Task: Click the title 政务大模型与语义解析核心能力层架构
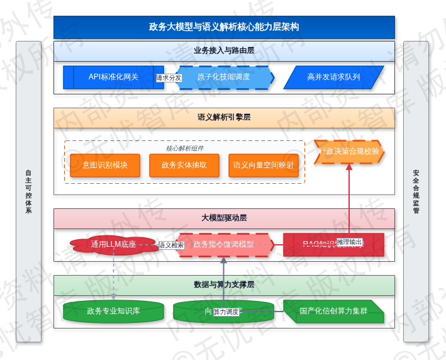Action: [224, 27]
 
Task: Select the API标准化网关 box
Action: [113, 77]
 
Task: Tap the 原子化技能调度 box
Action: [224, 77]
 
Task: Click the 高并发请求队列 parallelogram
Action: [333, 77]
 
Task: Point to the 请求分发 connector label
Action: [169, 78]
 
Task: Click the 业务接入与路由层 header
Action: [224, 50]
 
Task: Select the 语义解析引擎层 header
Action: [224, 117]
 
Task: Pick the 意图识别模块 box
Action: [105, 165]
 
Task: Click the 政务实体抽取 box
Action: [184, 165]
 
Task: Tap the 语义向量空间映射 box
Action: [264, 165]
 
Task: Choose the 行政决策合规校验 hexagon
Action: [349, 152]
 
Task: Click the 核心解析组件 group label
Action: [184, 149]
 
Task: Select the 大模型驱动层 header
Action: [224, 218]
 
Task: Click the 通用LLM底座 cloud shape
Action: [114, 244]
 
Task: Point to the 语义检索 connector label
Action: [171, 245]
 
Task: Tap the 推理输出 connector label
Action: [349, 242]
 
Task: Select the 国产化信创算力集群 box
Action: [333, 311]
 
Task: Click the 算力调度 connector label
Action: [226, 312]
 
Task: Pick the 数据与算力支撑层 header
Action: [224, 284]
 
